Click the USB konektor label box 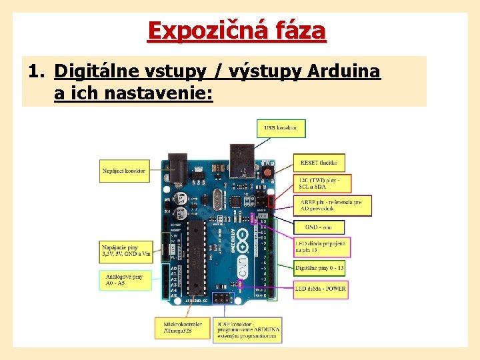(x=281, y=127)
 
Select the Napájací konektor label (x=124, y=171)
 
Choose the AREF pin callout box (x=333, y=205)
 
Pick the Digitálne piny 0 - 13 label (x=320, y=268)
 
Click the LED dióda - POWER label (x=321, y=289)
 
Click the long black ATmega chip (x=194, y=256)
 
